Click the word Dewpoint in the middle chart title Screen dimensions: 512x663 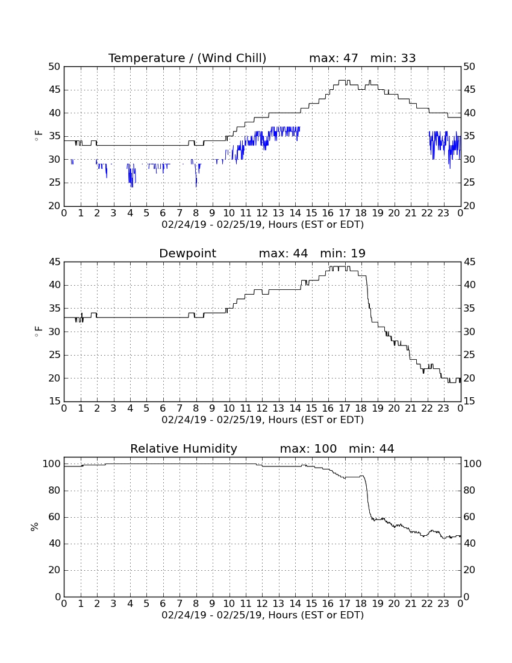[x=187, y=254]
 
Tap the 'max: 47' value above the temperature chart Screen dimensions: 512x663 [x=334, y=58]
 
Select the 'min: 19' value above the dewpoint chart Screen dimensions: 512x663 [x=343, y=253]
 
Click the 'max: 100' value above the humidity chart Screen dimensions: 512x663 [x=308, y=448]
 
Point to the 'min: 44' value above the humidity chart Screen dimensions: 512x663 [x=371, y=448]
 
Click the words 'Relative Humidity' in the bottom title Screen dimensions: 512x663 [x=184, y=449]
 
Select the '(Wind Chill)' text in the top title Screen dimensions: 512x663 [x=232, y=58]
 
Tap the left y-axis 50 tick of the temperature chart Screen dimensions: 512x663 [x=55, y=67]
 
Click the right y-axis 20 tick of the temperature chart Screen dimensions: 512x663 [x=469, y=206]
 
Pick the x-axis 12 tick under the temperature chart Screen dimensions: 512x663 [x=262, y=213]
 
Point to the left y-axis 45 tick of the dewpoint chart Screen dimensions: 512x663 [x=55, y=262]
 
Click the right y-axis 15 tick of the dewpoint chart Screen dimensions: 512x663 [x=469, y=401]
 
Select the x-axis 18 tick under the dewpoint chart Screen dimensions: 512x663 [x=361, y=409]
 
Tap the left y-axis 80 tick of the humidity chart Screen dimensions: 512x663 [x=55, y=491]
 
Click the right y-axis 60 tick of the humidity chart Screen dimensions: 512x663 [x=469, y=517]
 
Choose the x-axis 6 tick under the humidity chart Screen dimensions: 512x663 [x=163, y=604]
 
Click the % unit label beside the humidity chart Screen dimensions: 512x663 [x=35, y=527]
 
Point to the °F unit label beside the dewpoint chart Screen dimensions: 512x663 [x=38, y=331]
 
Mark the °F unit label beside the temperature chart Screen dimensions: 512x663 [x=38, y=136]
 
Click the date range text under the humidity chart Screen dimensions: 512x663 [x=263, y=615]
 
